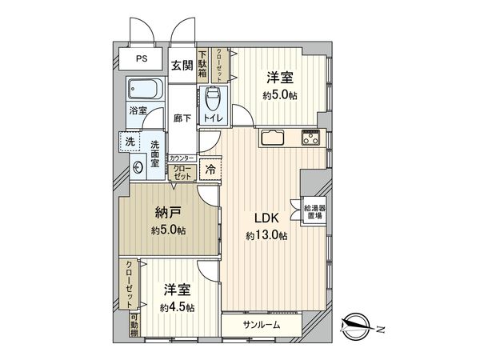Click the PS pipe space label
[x=141, y=59]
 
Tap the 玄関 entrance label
[x=182, y=66]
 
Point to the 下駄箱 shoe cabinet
[x=203, y=62]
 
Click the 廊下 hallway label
[x=182, y=118]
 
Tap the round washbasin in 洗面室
[x=138, y=167]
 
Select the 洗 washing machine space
[x=130, y=141]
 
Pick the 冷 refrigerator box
[x=210, y=170]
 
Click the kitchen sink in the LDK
[x=272, y=138]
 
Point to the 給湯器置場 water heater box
[x=314, y=210]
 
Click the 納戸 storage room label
[x=166, y=214]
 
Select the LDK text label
[x=266, y=218]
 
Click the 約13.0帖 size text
[x=266, y=235]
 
